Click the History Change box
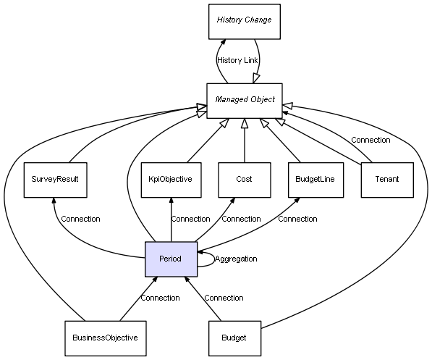pyautogui.click(x=245, y=22)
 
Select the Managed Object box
pyautogui.click(x=245, y=101)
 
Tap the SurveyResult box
pyautogui.click(x=56, y=180)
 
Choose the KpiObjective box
pyautogui.click(x=171, y=180)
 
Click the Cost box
pyautogui.click(x=245, y=180)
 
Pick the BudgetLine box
pyautogui.click(x=315, y=180)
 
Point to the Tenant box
pyautogui.click(x=387, y=180)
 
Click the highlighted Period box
pyautogui.click(x=171, y=259)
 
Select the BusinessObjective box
pyautogui.click(x=106, y=338)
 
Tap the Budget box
pyautogui.click(x=234, y=338)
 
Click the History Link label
pyautogui.click(x=237, y=60)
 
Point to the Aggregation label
pyautogui.click(x=236, y=259)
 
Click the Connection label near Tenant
pyautogui.click(x=370, y=140)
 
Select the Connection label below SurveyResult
pyautogui.click(x=80, y=219)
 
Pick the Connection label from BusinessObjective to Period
pyautogui.click(x=160, y=298)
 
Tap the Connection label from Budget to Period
pyautogui.click(x=224, y=298)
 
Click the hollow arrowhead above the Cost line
pyautogui.click(x=245, y=124)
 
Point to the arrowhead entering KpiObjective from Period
pyautogui.click(x=171, y=201)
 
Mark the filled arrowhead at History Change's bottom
pyautogui.click(x=223, y=42)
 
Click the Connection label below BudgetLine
pyautogui.click(x=297, y=219)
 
